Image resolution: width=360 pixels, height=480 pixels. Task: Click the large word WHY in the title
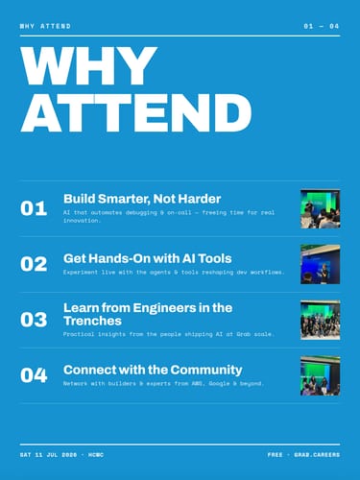[x=88, y=65]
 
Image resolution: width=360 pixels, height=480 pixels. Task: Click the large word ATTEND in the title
[x=136, y=113]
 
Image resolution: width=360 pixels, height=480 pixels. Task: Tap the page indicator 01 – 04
[x=322, y=26]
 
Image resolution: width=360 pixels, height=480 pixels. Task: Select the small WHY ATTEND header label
[x=45, y=26]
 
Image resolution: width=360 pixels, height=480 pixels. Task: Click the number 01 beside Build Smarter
[x=34, y=208]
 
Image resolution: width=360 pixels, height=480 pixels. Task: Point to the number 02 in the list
[x=34, y=264]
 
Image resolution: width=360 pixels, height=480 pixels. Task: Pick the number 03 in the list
[x=34, y=320]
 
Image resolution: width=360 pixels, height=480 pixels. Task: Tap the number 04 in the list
[x=34, y=375]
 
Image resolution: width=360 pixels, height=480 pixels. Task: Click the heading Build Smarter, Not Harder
[x=142, y=199]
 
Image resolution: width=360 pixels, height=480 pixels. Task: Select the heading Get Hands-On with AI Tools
[x=148, y=258]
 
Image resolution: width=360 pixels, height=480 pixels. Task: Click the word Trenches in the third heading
[x=92, y=321]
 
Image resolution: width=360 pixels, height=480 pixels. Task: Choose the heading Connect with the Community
[x=153, y=370]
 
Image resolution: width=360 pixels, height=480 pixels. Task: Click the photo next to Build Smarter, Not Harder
[x=320, y=208]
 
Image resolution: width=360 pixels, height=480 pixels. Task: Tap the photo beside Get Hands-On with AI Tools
[x=320, y=264]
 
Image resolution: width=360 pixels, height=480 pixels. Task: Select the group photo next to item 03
[x=320, y=320]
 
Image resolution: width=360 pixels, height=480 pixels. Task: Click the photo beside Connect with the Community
[x=320, y=375]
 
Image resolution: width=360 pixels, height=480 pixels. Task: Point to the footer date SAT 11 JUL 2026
[x=48, y=455]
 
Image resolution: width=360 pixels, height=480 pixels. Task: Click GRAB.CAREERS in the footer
[x=317, y=455]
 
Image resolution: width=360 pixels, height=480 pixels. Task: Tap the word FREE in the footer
[x=276, y=455]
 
